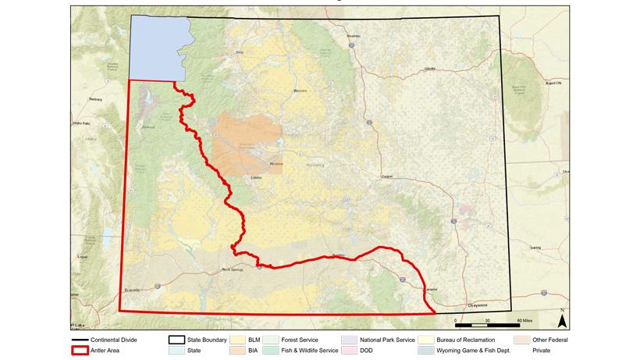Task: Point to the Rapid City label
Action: (553, 81)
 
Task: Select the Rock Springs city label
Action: (233, 269)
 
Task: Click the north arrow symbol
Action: (561, 317)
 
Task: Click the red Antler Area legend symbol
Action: (79, 351)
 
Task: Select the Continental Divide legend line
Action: (79, 340)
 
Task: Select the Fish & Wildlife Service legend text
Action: (311, 351)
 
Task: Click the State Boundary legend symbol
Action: (177, 340)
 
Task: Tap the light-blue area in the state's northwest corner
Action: (156, 47)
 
